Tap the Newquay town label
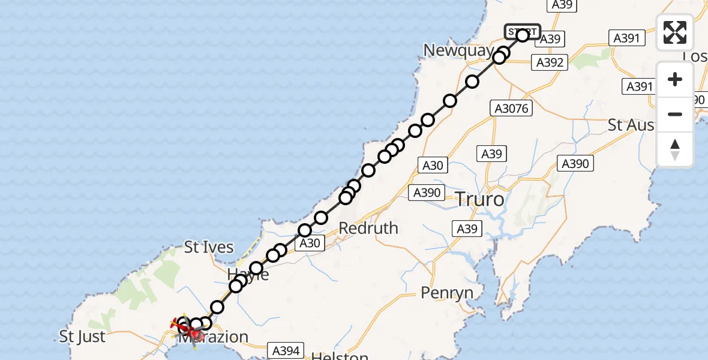point(458,50)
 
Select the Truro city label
point(480,199)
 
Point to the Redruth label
point(368,228)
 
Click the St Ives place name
point(209,247)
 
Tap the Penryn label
point(447,293)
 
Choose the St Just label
point(83,337)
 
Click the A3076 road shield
point(511,109)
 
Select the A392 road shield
point(550,62)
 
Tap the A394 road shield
point(287,350)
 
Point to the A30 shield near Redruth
point(310,242)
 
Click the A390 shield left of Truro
point(427,193)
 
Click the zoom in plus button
point(675,80)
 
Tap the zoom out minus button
point(675,114)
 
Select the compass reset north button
point(675,149)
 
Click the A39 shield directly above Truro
point(491,154)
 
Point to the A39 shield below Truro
point(467,229)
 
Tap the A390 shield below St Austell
point(575,163)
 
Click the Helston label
point(340,356)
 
